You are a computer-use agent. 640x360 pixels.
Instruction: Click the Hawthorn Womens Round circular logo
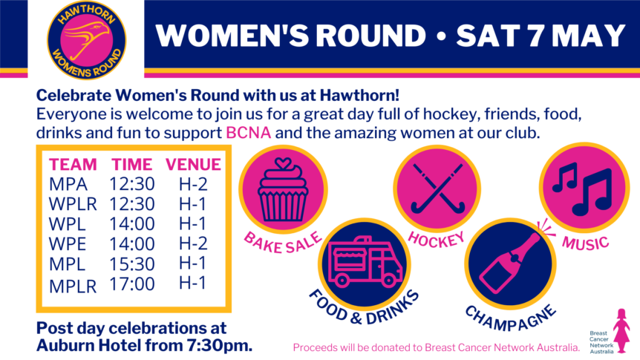coord(87,40)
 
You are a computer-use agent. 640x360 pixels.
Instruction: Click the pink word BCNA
coord(248,133)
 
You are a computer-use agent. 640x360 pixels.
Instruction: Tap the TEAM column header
coord(73,165)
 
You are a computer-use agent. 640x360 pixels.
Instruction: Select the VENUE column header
coord(193,165)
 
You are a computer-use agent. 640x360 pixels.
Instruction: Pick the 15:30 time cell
coord(132,264)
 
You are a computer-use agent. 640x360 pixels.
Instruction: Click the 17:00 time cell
coord(132,284)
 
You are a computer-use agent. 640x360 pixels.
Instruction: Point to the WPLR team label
coord(73,204)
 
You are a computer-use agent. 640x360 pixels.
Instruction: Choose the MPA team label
coord(68,184)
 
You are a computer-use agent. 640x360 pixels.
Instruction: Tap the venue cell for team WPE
coord(193,243)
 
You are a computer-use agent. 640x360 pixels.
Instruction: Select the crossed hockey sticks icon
coord(437,188)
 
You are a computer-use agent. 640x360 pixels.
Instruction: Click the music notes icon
coord(582,189)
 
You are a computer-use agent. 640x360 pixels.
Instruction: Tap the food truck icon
coord(365,261)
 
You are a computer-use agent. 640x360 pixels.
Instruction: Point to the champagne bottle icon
coord(510,264)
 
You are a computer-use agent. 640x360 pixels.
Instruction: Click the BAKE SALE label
coord(282,243)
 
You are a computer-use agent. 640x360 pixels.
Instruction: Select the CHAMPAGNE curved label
coord(510,318)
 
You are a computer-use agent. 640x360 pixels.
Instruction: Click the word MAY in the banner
coord(588,36)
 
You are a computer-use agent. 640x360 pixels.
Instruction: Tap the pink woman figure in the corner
coord(621,330)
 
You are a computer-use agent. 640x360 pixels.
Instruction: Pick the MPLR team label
coord(73,287)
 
